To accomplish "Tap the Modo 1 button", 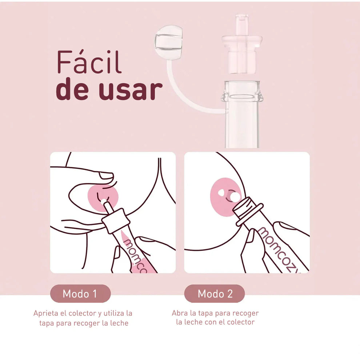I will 80,294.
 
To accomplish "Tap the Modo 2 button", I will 215,294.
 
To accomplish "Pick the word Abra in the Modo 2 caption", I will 180,313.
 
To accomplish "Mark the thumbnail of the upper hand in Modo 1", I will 107,175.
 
